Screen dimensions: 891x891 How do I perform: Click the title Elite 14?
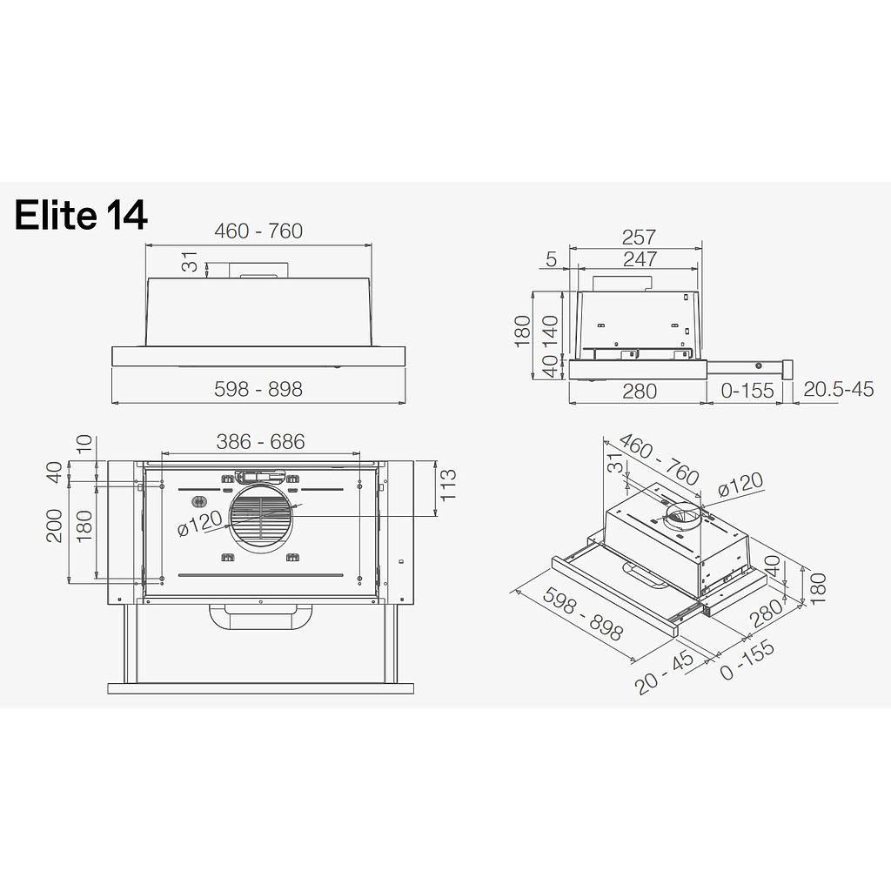pos(81,214)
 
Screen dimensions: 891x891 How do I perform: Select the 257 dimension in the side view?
pos(639,237)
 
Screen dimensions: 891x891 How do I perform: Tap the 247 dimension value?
pos(639,258)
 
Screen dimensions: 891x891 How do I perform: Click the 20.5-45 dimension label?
pos(838,389)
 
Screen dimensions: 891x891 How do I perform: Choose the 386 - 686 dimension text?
pos(261,441)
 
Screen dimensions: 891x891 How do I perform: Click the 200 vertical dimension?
pos(55,526)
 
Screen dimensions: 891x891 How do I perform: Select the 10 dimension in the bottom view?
pos(84,444)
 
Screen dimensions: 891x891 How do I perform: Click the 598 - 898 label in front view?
pos(258,389)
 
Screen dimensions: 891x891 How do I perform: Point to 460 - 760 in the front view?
pos(258,231)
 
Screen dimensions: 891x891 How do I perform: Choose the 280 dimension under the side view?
pos(639,391)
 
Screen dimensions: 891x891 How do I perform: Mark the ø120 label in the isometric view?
pos(740,485)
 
